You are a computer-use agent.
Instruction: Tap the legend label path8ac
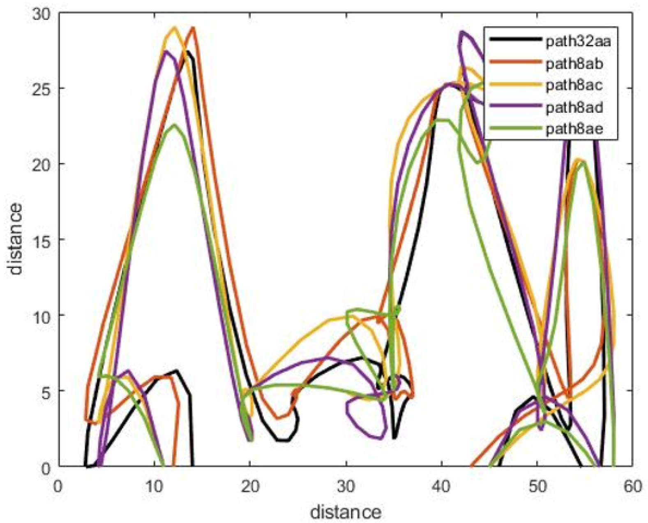[x=574, y=85]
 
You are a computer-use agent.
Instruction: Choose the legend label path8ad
[x=574, y=107]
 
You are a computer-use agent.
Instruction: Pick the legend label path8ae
[x=574, y=129]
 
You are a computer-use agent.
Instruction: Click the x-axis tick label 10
[x=154, y=487]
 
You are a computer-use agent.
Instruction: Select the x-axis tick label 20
[x=250, y=487]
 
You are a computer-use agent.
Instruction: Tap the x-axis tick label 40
[x=441, y=487]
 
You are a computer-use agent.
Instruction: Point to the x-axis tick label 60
[x=632, y=487]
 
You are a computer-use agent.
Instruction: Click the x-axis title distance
[x=345, y=512]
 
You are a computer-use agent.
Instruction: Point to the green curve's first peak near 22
[x=174, y=125]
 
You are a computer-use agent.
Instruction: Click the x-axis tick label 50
[x=537, y=487]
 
